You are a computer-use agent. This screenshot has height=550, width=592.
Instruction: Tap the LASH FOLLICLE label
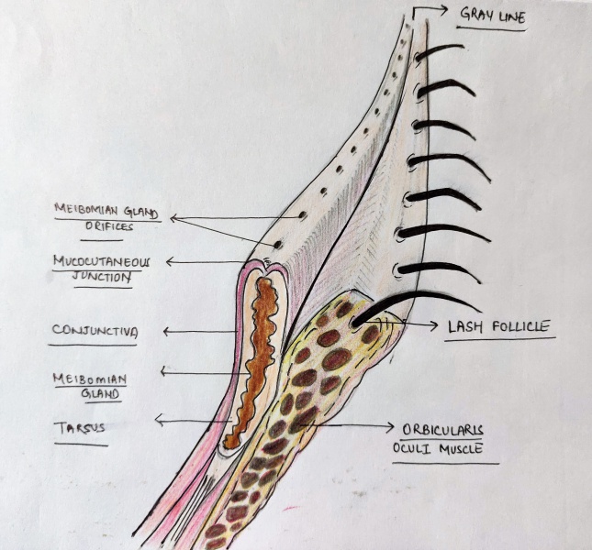[x=499, y=325]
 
